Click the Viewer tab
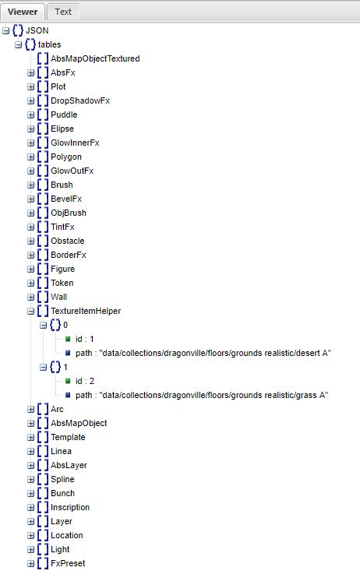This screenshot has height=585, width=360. click(x=23, y=12)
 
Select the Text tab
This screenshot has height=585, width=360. click(x=63, y=12)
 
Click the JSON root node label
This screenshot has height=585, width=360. click(x=37, y=30)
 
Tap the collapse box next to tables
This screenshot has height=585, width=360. click(x=19, y=44)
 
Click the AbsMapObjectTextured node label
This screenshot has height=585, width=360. click(x=95, y=58)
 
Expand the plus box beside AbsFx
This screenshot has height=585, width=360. click(x=31, y=72)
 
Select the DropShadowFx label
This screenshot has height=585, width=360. click(x=80, y=100)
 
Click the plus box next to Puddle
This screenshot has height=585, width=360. click(x=31, y=115)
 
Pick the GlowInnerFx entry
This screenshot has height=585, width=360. click(x=75, y=143)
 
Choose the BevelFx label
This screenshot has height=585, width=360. click(x=67, y=199)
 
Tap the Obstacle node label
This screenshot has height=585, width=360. click(x=67, y=241)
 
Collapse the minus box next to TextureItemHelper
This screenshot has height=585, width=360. click(x=31, y=311)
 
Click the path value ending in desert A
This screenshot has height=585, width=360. click(x=198, y=353)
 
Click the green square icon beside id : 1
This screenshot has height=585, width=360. click(x=69, y=339)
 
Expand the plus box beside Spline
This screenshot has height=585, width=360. click(x=31, y=479)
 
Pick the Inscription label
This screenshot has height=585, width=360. click(x=70, y=507)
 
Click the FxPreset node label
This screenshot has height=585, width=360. click(x=68, y=563)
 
